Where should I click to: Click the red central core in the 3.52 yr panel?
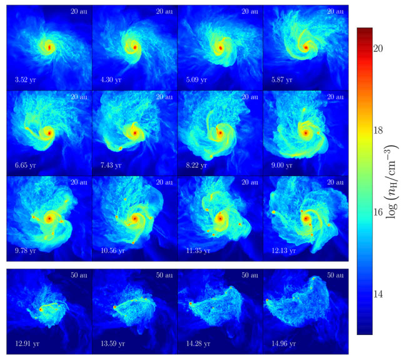tap(49, 47)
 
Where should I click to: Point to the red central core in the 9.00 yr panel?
tap(305, 133)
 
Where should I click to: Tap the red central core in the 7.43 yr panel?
tap(134, 132)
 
